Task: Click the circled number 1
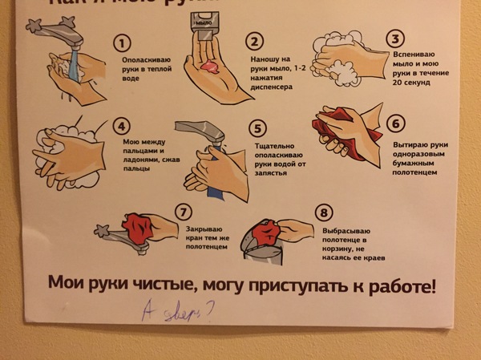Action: [122, 42]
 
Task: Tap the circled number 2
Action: [255, 42]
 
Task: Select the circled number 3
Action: [394, 38]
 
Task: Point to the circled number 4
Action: [122, 127]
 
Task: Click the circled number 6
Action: [395, 124]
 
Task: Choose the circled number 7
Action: [184, 212]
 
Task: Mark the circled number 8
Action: [323, 213]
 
